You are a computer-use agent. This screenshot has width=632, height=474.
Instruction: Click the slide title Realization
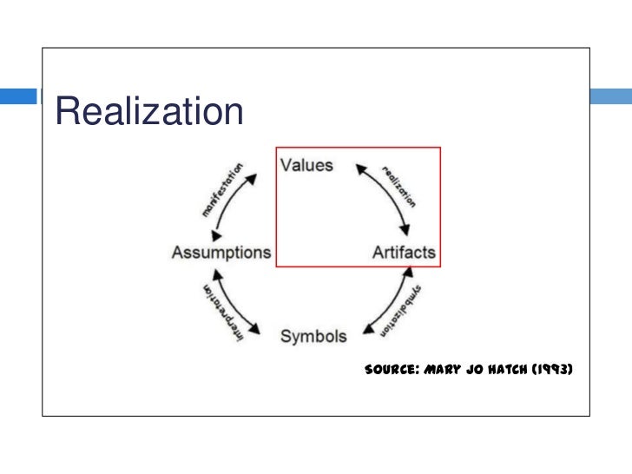(x=148, y=111)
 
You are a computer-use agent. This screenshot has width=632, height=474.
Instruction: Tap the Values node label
(x=306, y=165)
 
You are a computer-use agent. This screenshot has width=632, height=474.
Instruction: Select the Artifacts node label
(x=404, y=253)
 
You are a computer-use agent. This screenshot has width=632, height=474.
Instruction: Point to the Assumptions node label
(x=221, y=253)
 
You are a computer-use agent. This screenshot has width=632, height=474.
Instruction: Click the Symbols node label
(x=313, y=336)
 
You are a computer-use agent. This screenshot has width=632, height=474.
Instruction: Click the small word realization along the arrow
(x=398, y=183)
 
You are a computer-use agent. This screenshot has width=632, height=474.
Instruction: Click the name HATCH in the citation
(x=517, y=369)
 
